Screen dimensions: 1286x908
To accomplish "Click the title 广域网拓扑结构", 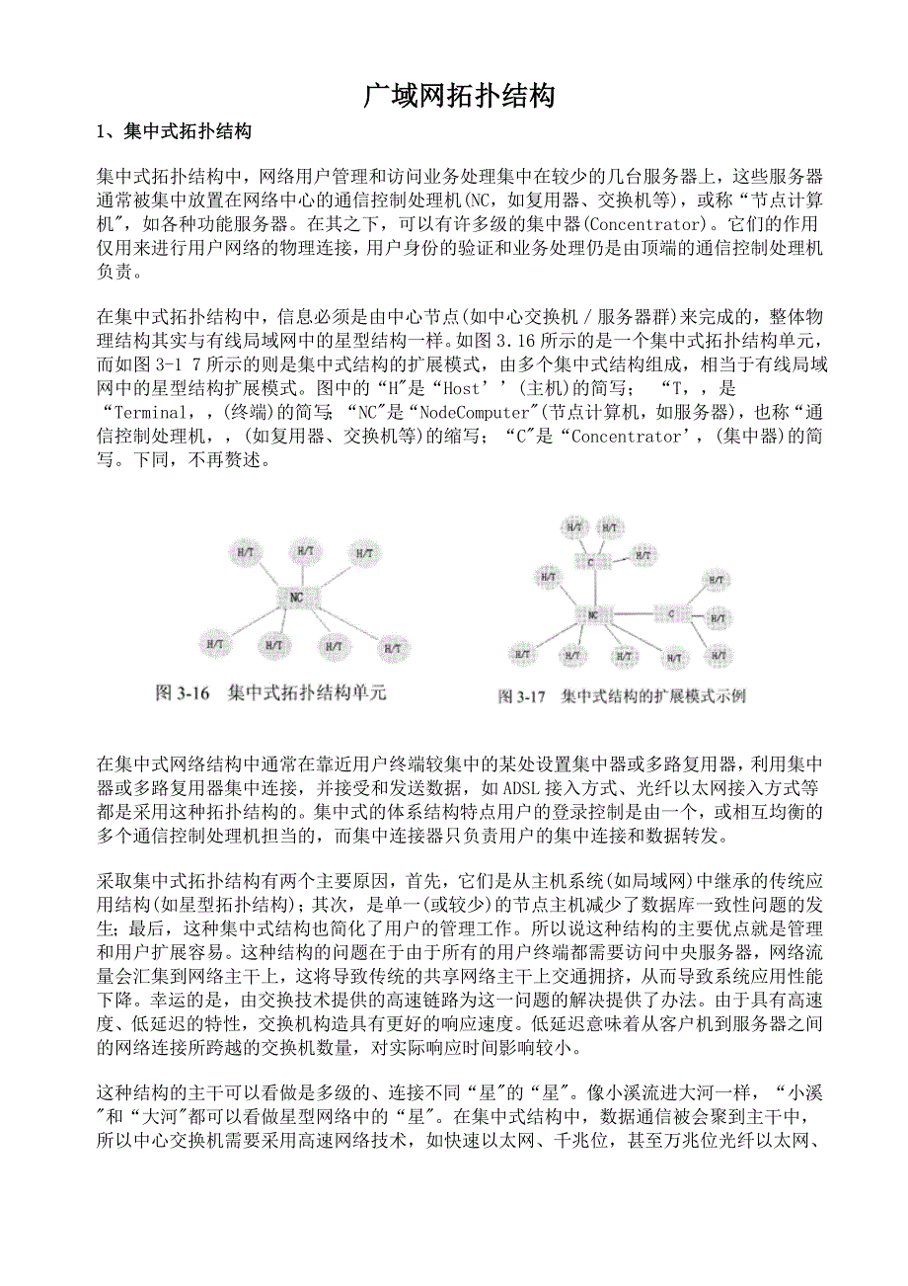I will point(459,96).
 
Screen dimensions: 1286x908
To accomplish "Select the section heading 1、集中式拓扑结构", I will point(173,132).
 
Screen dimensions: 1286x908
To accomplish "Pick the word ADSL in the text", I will point(520,788).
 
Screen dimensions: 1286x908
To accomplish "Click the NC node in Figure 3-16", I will point(296,596).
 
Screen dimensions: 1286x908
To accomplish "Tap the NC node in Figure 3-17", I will point(592,614).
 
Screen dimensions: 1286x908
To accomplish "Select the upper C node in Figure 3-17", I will point(591,561).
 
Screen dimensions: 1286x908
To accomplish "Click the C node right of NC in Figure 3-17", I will point(672,614).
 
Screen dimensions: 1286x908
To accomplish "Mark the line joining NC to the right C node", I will point(632,614).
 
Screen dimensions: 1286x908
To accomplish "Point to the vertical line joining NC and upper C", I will point(592,588).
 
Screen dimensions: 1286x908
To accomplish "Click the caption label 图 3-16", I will point(185,693).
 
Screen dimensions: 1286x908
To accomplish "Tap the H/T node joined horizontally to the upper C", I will point(643,557).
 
